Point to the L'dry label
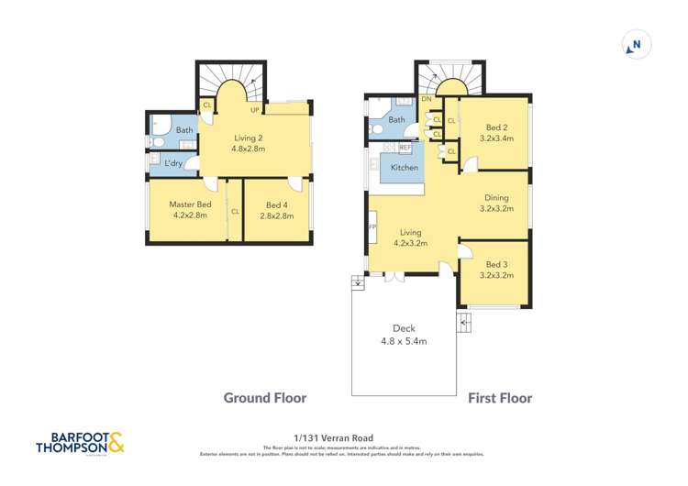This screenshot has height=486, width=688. [174, 163]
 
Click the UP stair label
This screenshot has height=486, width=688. [254, 110]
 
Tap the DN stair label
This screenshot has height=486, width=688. [426, 99]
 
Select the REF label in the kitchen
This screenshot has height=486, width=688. [405, 147]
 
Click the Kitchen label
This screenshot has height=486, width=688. [405, 168]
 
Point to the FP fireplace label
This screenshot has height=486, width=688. [372, 226]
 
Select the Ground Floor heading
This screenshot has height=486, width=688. [265, 398]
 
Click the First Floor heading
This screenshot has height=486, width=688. [500, 398]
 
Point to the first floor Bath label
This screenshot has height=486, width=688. [397, 120]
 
